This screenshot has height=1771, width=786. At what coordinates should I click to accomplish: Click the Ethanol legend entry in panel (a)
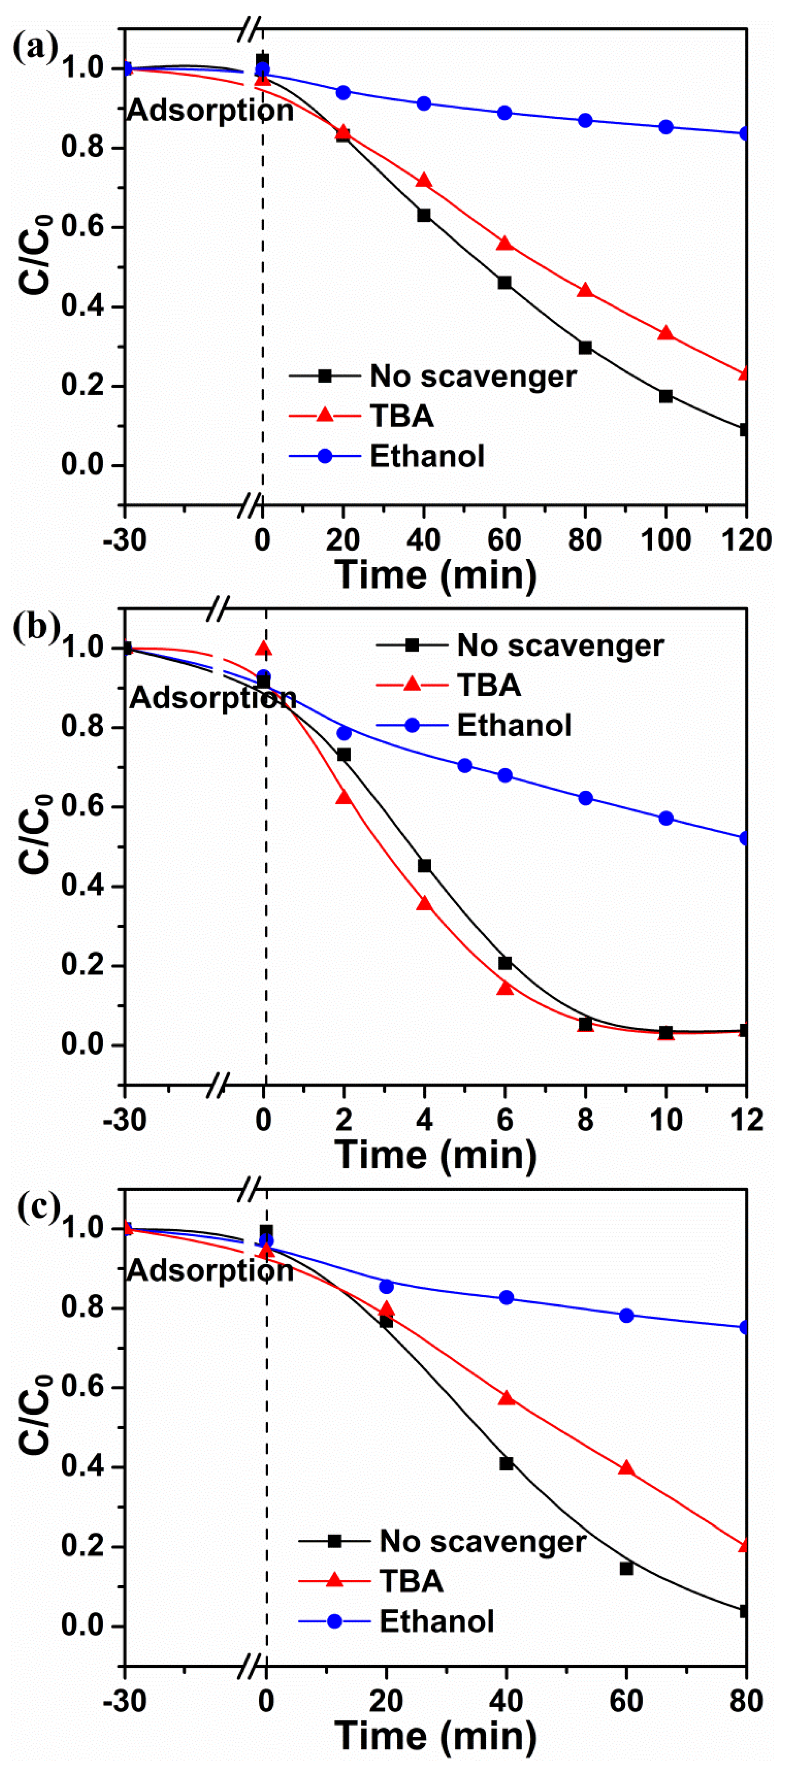coord(426,456)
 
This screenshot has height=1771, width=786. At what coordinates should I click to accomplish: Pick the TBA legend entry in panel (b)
coord(488,685)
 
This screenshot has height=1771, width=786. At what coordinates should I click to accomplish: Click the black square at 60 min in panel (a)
coord(505,282)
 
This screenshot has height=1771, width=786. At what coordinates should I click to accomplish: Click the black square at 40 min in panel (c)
coord(506,1464)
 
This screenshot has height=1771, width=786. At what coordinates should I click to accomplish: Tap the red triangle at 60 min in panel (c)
coord(626,1468)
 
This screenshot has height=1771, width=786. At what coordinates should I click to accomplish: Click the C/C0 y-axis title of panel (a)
coord(36,255)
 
